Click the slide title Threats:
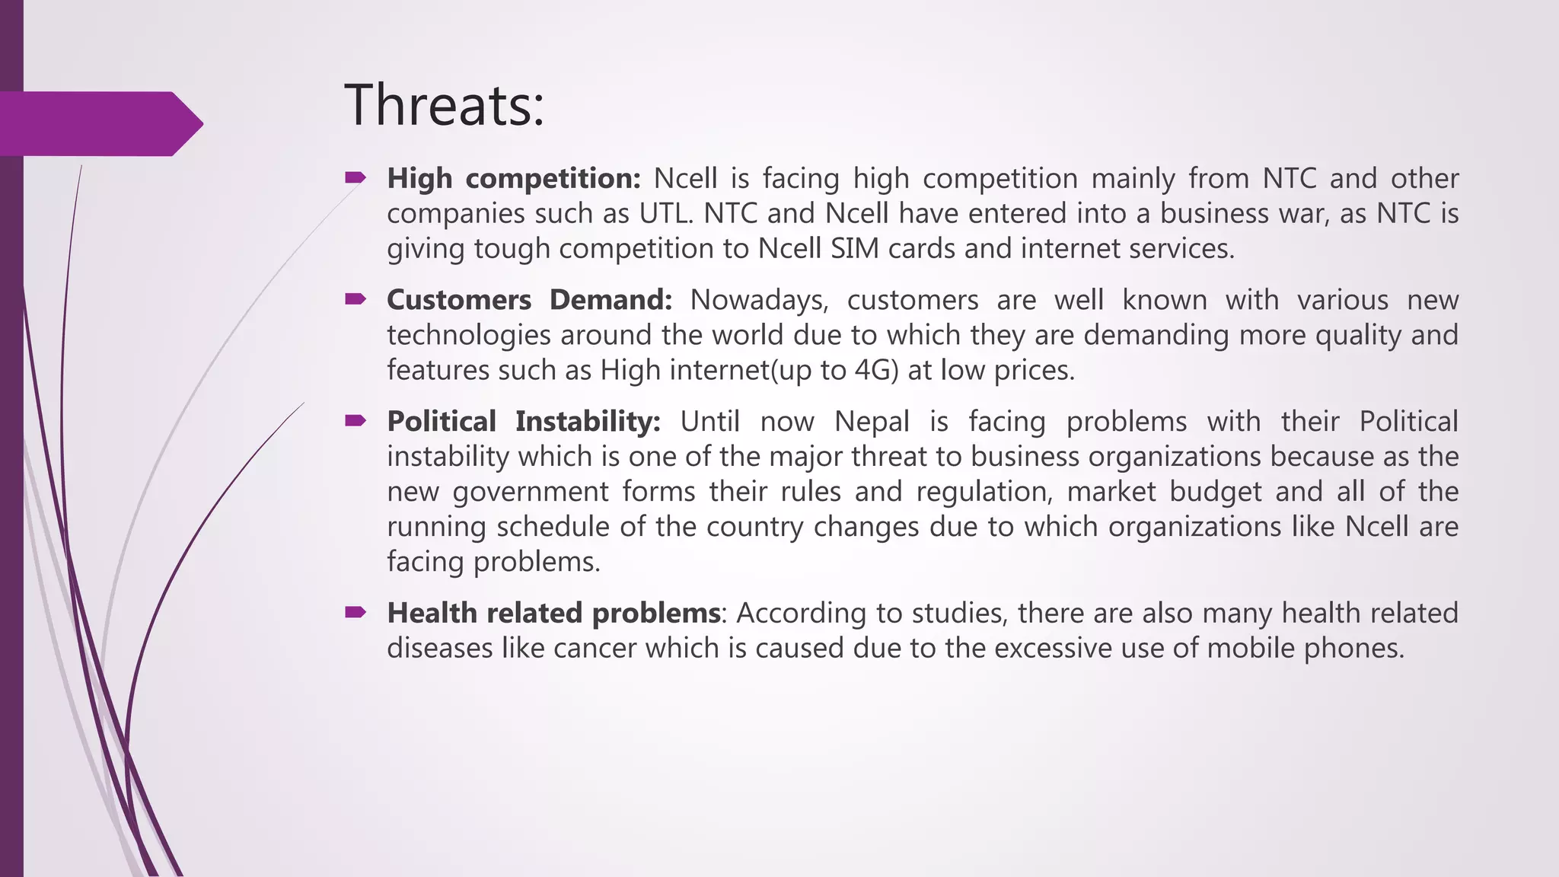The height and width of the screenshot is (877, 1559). click(x=445, y=105)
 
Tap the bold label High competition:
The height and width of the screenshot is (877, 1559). click(x=514, y=179)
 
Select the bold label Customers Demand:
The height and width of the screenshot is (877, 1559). click(x=529, y=301)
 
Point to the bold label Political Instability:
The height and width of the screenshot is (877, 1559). click(x=524, y=422)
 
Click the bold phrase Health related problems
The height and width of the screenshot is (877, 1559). click(x=553, y=614)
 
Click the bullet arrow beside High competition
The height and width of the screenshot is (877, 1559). click(x=355, y=178)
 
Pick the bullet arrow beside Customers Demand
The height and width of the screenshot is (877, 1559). click(x=355, y=300)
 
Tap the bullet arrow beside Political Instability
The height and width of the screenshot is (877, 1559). click(x=355, y=421)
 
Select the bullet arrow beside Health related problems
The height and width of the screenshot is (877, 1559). click(x=355, y=613)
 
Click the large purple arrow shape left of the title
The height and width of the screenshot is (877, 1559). click(x=99, y=123)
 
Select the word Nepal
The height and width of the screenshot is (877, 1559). click(x=872, y=422)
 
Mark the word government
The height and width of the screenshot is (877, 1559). click(x=531, y=493)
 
